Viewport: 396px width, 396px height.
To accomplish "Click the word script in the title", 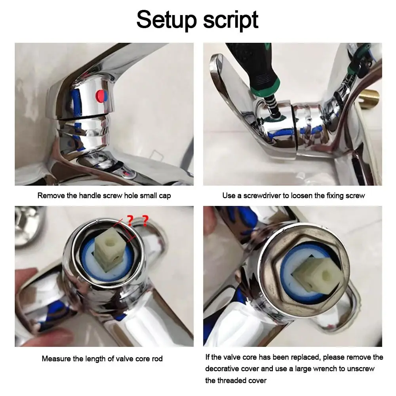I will pos(231,20).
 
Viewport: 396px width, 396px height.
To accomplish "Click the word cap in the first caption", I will pos(164,196).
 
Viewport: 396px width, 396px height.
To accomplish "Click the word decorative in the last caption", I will pos(224,369).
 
